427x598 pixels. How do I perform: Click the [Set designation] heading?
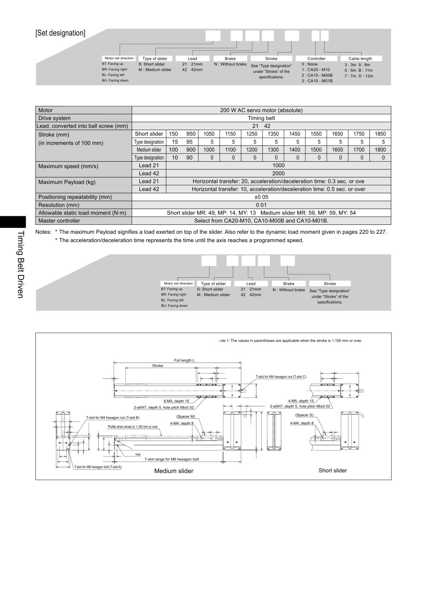(x=60, y=33)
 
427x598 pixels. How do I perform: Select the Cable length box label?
(x=360, y=58)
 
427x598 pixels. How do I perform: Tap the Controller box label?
(x=316, y=58)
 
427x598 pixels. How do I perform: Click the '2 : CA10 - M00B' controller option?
(x=317, y=75)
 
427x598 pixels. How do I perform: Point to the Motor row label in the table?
(x=45, y=110)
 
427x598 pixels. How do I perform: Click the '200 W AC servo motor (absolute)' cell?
(x=261, y=110)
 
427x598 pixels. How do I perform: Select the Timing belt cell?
(x=261, y=118)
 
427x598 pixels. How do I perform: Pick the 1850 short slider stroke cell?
(x=380, y=134)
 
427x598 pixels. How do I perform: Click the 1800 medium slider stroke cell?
(x=380, y=150)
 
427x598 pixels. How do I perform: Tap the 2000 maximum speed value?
(x=278, y=173)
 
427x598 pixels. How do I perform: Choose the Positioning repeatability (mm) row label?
(x=75, y=197)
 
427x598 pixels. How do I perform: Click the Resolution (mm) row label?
(x=59, y=205)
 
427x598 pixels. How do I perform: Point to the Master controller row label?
(x=59, y=221)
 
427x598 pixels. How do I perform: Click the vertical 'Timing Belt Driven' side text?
(x=20, y=264)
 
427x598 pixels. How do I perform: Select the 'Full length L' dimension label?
(x=184, y=360)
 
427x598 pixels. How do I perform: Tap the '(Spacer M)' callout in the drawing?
(x=185, y=416)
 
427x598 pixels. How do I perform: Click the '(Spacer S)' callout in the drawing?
(x=304, y=415)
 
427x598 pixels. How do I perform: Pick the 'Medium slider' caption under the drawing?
(x=174, y=471)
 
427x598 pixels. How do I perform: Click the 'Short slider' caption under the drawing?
(x=332, y=470)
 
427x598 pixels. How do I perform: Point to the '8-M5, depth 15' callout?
(x=176, y=401)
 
